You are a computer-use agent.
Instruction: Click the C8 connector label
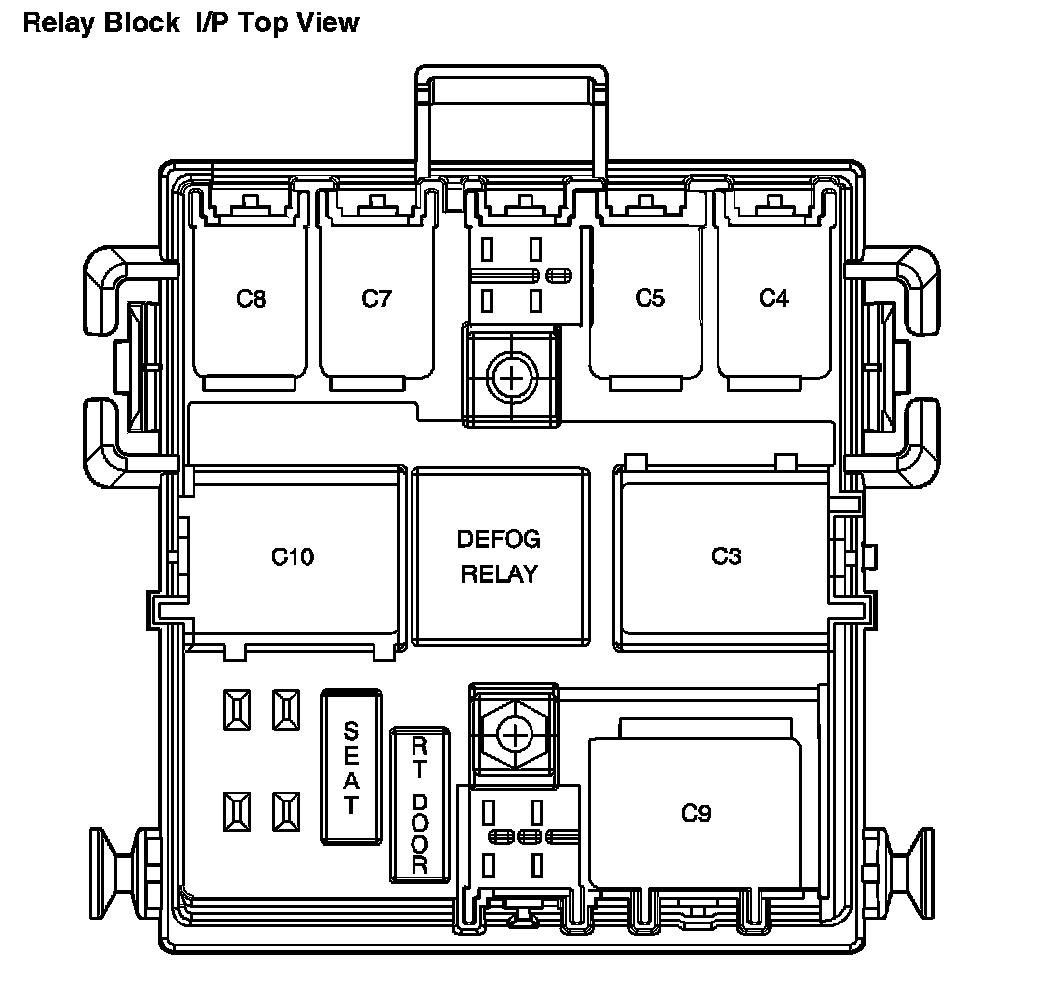coord(252,298)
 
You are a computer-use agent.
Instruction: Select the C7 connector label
coord(377,298)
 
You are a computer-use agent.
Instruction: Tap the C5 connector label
coord(650,298)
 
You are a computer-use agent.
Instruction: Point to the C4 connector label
coord(774,298)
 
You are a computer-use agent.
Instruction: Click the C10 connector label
coord(293,557)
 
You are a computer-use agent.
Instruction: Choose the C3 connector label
coord(726,556)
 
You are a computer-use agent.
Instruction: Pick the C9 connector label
coord(697,814)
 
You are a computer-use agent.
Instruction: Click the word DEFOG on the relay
coord(499,540)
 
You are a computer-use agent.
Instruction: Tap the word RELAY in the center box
coord(499,574)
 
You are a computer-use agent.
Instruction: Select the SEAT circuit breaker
coord(350,768)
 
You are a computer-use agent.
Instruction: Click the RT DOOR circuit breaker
coord(419,803)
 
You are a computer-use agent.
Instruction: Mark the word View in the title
coord(327,22)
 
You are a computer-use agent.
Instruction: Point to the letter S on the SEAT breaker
coord(350,732)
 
